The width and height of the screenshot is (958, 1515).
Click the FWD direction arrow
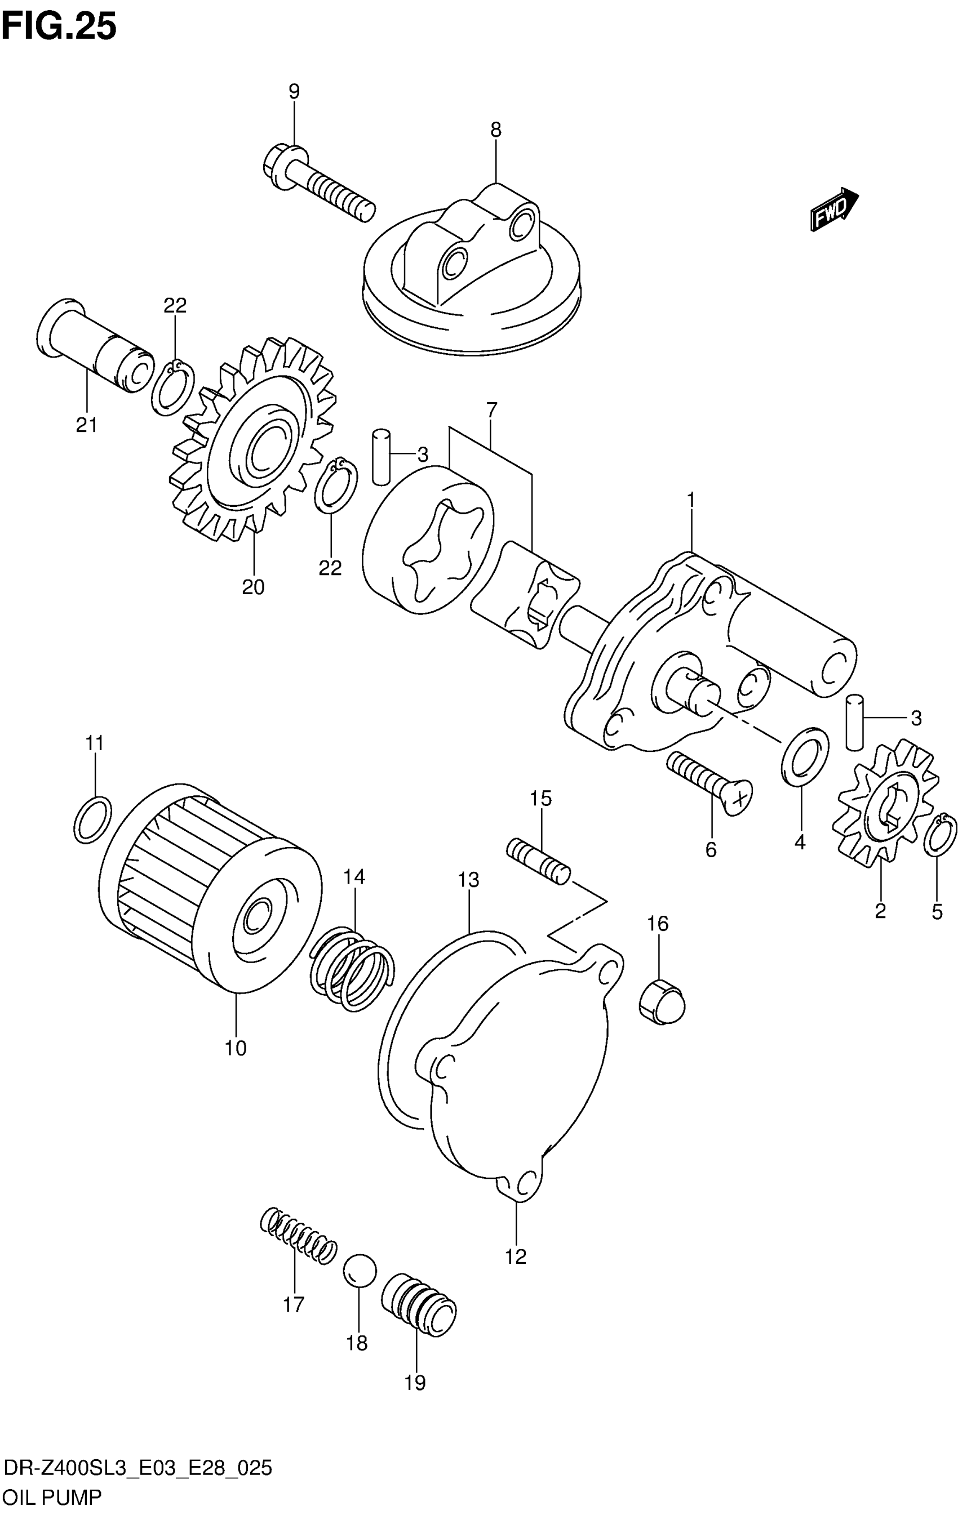pyautogui.click(x=834, y=210)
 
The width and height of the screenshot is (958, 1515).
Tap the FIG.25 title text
pyautogui.click(x=59, y=27)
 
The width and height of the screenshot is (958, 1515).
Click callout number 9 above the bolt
pyautogui.click(x=294, y=92)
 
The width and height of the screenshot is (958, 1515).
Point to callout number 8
pyautogui.click(x=496, y=130)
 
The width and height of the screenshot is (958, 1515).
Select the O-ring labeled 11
pyautogui.click(x=93, y=819)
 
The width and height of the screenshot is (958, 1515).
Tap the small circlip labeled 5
pyautogui.click(x=941, y=834)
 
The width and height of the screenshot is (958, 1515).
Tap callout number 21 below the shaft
pyautogui.click(x=87, y=425)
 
